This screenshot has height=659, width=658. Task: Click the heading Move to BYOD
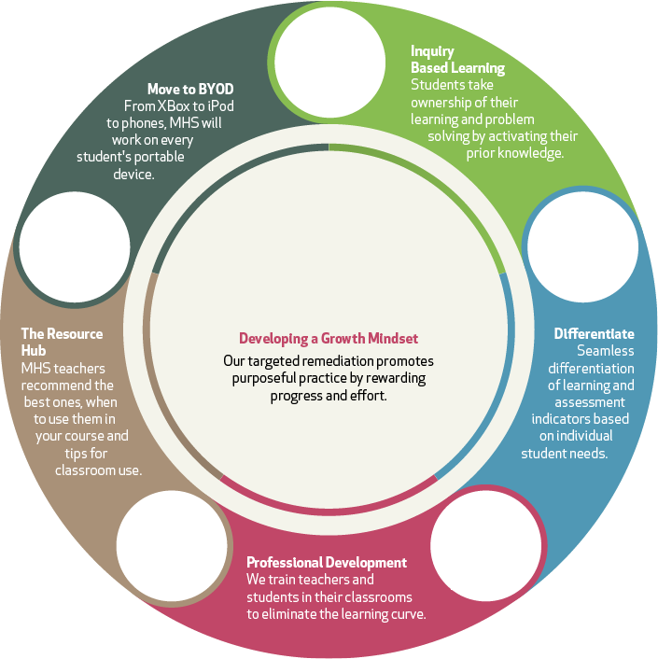(x=190, y=89)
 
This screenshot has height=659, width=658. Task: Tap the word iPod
(x=218, y=105)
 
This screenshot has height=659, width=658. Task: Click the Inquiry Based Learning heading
(x=457, y=59)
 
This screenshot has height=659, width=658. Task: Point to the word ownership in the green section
(x=444, y=102)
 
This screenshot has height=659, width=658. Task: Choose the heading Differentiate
(x=594, y=333)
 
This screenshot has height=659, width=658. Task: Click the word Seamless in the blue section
(x=605, y=351)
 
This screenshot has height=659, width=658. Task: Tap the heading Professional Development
(x=327, y=562)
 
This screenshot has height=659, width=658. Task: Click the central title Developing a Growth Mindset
(x=329, y=339)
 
